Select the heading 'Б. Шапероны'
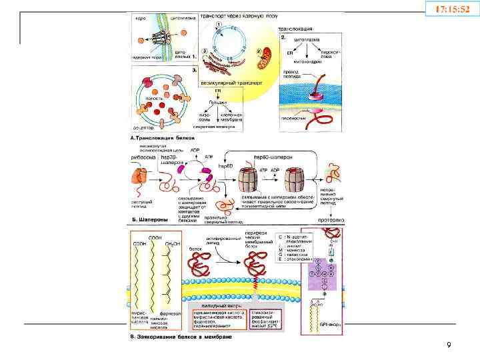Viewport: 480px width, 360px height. point(145,217)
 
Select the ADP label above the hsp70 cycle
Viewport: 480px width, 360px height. point(195,151)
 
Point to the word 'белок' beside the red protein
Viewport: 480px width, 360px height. point(195,247)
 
